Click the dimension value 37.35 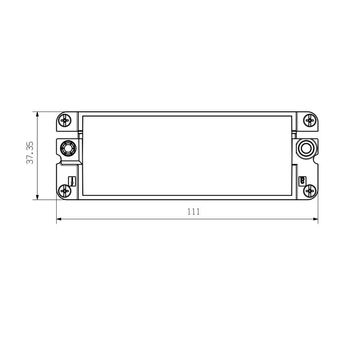pos(30,153)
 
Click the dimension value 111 pos(193,211)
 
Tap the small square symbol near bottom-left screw pos(72,181)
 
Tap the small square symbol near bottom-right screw pos(303,181)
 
